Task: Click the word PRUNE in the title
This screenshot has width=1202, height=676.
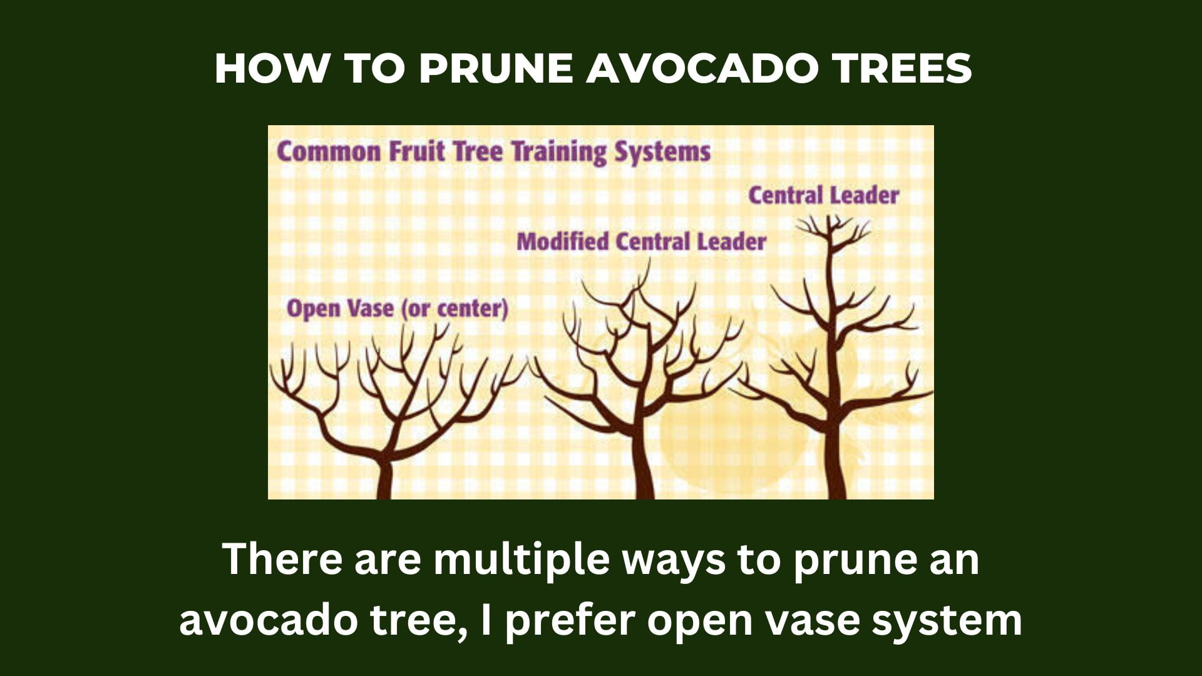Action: (496, 68)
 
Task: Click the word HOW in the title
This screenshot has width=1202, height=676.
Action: (271, 68)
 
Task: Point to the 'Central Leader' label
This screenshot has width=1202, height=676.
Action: (823, 195)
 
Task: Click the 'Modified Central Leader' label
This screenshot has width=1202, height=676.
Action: (641, 242)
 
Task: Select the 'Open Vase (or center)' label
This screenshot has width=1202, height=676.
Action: (397, 309)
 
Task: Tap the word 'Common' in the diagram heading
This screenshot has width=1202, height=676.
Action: (329, 152)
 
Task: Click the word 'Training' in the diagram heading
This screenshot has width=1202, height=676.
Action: (558, 152)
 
